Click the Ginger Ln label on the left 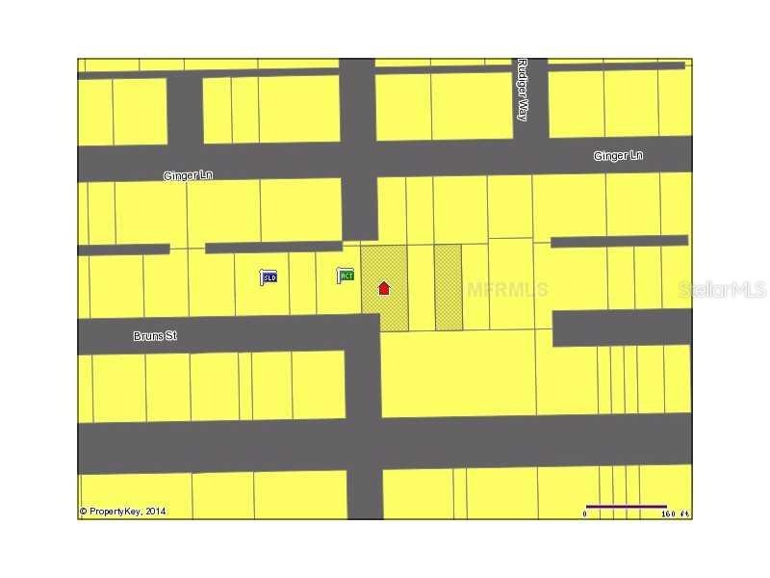pos(188,176)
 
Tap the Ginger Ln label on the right pos(618,156)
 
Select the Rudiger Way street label pos(523,89)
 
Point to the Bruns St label pos(155,336)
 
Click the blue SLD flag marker pos(269,277)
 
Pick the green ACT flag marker pos(346,276)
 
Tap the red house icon pos(384,288)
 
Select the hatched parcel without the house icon pos(448,287)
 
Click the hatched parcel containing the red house pos(384,308)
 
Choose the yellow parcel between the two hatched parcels pos(421,287)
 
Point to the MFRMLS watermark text pos(508,289)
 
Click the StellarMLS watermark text pos(722,289)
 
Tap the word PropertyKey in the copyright pos(115,512)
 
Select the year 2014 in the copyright pos(155,512)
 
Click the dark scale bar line pos(626,506)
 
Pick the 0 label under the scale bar pos(584,514)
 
